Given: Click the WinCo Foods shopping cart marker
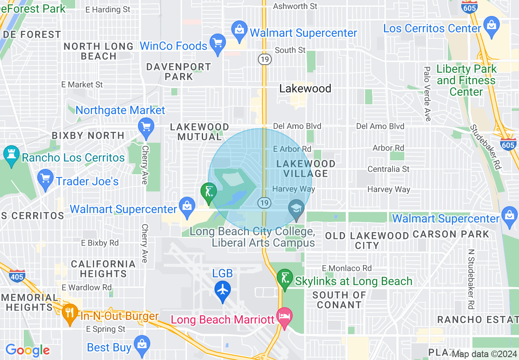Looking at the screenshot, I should [x=218, y=43].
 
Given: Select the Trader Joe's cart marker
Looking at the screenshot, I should [x=45, y=178].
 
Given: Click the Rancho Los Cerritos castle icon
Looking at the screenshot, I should [x=11, y=154].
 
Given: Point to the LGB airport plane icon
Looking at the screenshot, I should [x=223, y=290].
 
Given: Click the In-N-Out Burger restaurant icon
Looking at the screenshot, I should [x=70, y=312].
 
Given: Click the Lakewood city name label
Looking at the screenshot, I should [x=305, y=88].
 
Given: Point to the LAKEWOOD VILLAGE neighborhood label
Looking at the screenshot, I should [x=306, y=169].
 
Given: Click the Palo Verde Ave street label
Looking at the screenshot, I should [x=427, y=94].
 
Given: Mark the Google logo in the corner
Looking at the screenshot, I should [x=27, y=350].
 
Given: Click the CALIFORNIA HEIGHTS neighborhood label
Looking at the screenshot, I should [x=103, y=269].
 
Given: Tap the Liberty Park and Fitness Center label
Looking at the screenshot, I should [x=466, y=80].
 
